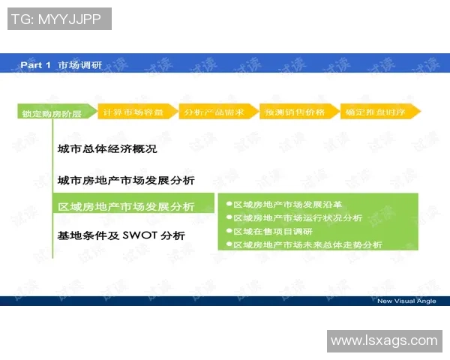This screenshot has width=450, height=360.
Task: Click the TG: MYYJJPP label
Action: pos(59,19)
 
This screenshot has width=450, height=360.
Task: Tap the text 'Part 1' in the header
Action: pos(35,65)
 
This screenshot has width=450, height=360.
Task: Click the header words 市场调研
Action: pos(79,65)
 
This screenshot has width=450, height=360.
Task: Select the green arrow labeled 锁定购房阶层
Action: pos(53,114)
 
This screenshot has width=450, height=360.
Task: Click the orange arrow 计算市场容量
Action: pos(135,112)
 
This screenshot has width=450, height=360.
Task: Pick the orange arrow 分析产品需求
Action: pos(217,112)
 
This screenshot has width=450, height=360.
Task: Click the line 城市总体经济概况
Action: pos(106,149)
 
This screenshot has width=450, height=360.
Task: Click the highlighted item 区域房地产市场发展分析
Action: pos(126,207)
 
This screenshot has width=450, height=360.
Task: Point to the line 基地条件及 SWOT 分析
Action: pos(121,235)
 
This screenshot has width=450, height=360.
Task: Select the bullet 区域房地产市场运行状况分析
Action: pos(298,217)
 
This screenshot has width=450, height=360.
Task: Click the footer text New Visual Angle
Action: pos(406,301)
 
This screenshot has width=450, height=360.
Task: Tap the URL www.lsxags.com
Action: pos(383,340)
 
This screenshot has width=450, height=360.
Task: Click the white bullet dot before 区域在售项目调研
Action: pos(228,231)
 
